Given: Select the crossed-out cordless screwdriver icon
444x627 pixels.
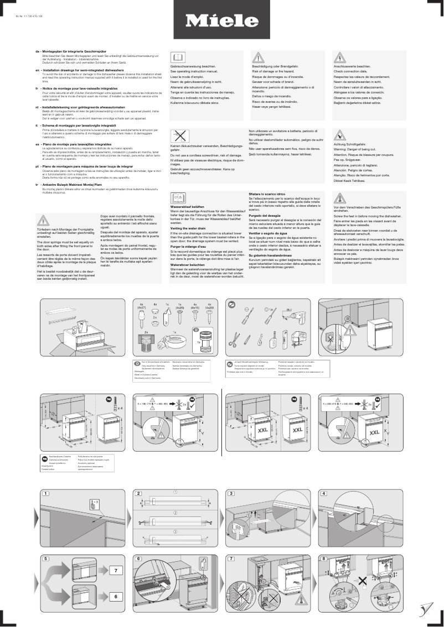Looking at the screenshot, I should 177,135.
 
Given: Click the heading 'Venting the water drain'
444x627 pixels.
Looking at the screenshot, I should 188,228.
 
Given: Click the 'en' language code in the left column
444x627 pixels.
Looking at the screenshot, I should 37,71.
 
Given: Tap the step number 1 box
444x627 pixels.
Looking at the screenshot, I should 47,493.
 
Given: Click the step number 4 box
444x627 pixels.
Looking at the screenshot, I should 324,493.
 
